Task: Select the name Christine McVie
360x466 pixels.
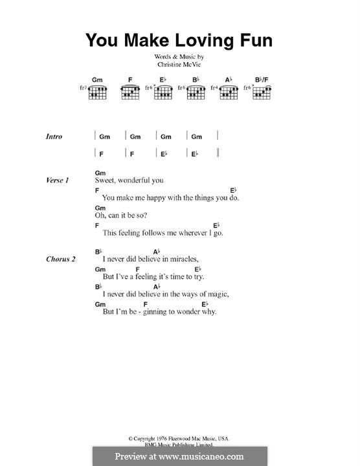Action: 179,65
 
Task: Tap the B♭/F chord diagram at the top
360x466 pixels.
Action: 262,93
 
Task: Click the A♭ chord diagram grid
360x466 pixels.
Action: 229,93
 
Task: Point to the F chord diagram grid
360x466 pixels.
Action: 130,93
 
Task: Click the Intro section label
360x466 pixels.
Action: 54,137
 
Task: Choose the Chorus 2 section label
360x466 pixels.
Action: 61,259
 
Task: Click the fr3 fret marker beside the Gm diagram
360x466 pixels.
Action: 83,87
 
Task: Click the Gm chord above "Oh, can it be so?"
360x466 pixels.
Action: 100,208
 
